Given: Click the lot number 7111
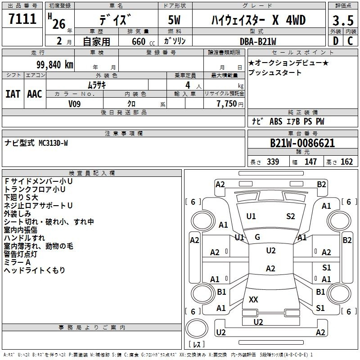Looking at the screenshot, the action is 22,19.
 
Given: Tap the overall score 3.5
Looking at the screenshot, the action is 343,21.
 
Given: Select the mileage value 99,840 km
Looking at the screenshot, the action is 55,65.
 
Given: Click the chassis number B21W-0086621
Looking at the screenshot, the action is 302,143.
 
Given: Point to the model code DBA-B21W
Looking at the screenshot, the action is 258,41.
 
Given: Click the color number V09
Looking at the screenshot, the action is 74,104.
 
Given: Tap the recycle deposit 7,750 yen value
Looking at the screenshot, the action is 230,104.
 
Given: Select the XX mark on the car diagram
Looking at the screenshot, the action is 253,299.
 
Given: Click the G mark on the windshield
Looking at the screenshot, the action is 257,237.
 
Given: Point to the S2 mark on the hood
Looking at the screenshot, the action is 290,216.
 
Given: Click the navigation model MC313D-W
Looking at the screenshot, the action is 53,143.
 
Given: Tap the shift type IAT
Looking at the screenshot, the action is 13,94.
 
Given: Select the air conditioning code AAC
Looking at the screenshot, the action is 35,94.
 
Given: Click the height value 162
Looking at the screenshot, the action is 346,162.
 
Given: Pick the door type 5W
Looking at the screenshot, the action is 174,20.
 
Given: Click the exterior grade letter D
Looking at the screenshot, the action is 336,41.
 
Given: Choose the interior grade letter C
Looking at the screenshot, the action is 350,41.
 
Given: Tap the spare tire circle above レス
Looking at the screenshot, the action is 197,328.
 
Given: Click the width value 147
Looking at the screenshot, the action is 310,162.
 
